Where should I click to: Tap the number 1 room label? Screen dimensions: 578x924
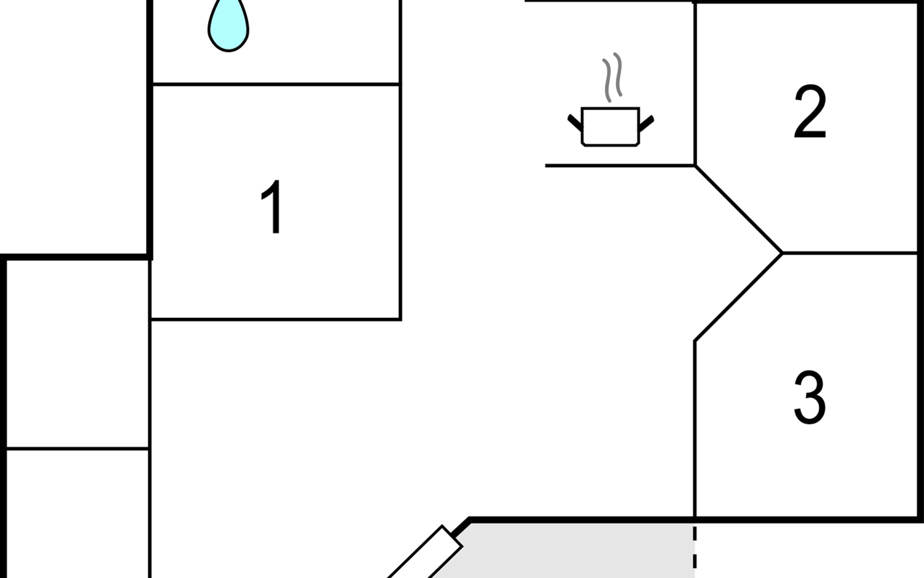point(273,207)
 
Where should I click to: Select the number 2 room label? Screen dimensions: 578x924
point(810,112)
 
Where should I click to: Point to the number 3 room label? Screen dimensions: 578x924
point(810,397)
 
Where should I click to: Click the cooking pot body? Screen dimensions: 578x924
point(610,126)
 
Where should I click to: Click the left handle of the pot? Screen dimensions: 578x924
point(575,123)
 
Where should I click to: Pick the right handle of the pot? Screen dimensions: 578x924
point(646,123)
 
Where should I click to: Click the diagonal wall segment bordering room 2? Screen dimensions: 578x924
point(739,209)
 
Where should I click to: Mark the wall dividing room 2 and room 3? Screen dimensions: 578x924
point(849,252)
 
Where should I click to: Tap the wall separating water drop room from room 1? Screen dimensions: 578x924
point(276,84)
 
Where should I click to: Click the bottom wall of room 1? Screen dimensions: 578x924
point(276,319)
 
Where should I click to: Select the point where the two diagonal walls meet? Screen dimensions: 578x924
point(782,252)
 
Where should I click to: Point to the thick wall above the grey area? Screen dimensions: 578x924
point(577,520)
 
